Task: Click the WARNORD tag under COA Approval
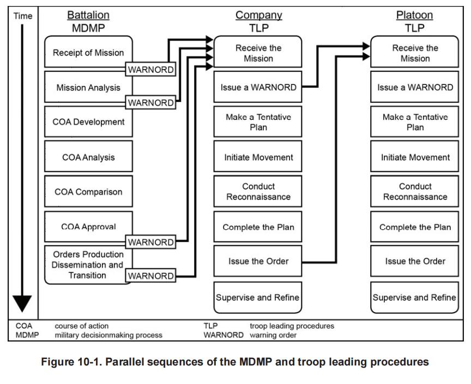click(x=151, y=241)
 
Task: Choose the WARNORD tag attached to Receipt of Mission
click(x=151, y=70)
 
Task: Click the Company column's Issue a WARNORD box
click(x=258, y=87)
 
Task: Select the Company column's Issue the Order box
click(x=258, y=261)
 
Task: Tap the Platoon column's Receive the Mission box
click(x=415, y=53)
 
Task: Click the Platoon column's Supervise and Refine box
click(x=415, y=297)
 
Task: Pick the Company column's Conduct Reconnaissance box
click(x=258, y=192)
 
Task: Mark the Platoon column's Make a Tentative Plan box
click(x=415, y=122)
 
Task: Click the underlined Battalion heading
click(x=88, y=15)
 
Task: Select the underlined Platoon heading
click(x=415, y=15)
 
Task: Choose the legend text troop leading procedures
click(x=292, y=326)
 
